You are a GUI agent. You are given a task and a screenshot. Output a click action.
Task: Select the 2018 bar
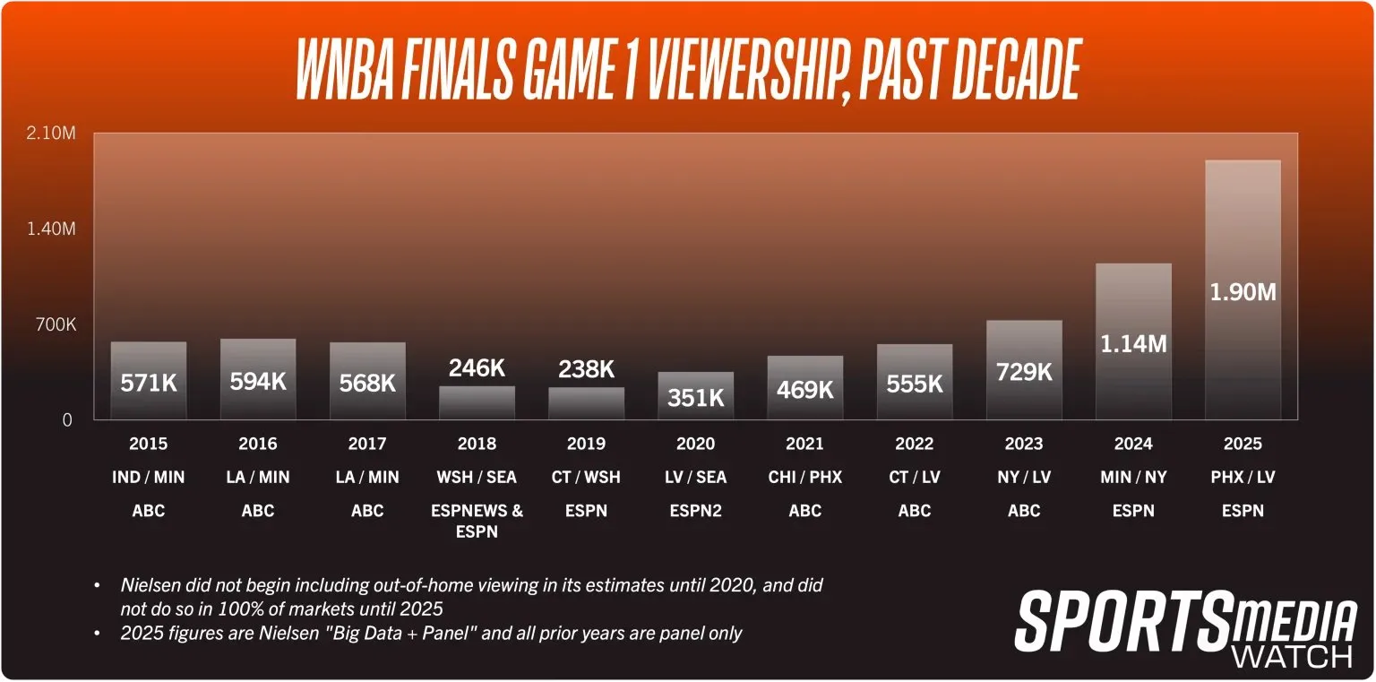(477, 402)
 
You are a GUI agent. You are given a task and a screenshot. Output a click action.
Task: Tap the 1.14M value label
(1132, 343)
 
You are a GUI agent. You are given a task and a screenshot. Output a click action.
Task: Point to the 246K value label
(477, 368)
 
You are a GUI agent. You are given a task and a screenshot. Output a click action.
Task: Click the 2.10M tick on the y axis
(51, 134)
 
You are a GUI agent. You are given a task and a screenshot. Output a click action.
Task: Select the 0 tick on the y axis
(67, 419)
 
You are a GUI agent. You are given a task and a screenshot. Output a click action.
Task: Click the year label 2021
(804, 444)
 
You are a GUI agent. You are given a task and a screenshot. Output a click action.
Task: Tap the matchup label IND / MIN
(149, 477)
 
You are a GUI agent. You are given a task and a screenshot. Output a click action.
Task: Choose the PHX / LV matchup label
(1243, 477)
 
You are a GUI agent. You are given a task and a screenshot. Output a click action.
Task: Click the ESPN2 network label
(695, 511)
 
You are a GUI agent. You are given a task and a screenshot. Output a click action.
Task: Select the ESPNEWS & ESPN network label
(477, 521)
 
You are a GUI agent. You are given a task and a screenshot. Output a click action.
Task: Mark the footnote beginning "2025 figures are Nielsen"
(431, 634)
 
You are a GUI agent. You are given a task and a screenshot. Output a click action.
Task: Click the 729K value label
(1023, 371)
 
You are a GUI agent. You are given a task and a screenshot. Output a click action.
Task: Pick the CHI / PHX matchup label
(804, 477)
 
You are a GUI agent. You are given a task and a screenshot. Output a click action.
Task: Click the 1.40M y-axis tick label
(51, 229)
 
